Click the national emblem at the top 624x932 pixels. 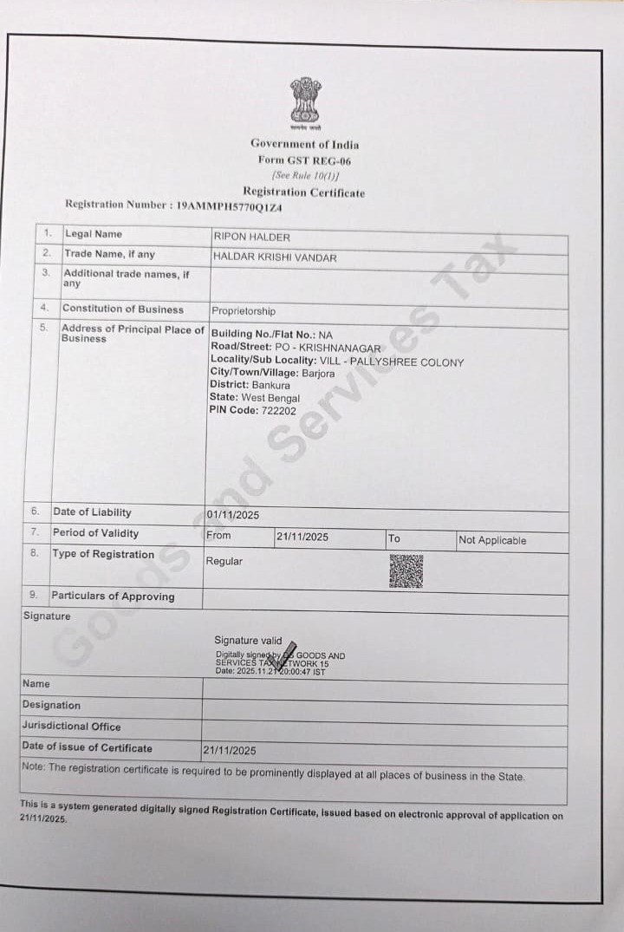tap(305, 101)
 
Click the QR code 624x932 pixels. tap(406, 571)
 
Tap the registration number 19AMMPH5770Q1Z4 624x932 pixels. tap(229, 206)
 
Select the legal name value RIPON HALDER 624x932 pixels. tap(251, 237)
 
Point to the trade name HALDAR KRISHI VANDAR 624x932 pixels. tap(275, 257)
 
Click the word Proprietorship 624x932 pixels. tap(244, 311)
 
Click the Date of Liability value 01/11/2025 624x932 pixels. tap(232, 515)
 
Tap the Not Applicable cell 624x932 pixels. tap(492, 540)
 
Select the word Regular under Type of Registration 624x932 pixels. tap(224, 561)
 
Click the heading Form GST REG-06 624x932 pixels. tap(304, 160)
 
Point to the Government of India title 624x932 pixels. tap(304, 144)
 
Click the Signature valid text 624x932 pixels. tap(248, 641)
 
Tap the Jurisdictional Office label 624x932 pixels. tap(72, 727)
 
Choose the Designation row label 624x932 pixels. tap(51, 705)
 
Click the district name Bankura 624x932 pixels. tap(271, 385)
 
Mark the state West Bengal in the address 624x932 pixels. tap(270, 398)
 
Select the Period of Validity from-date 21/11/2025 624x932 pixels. tap(302, 537)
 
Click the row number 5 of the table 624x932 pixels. tap(42, 328)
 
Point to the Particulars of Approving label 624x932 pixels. tap(113, 596)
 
